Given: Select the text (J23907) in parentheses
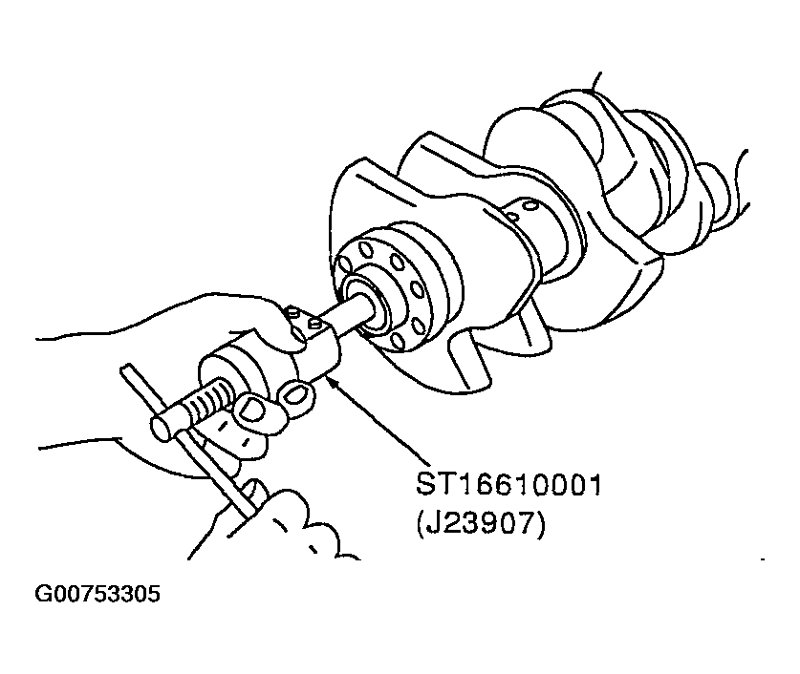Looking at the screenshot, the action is (481, 524).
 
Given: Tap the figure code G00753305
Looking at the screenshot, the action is (97, 594).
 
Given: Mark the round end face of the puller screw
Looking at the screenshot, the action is (162, 429).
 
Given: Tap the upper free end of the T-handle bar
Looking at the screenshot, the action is (125, 369).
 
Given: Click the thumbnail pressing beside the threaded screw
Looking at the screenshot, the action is (251, 408).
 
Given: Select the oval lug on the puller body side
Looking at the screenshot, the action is (296, 391).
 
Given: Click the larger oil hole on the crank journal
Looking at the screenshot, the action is (530, 205).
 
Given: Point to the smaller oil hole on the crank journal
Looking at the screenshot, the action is (512, 217).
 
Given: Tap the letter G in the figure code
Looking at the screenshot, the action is (42, 594).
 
